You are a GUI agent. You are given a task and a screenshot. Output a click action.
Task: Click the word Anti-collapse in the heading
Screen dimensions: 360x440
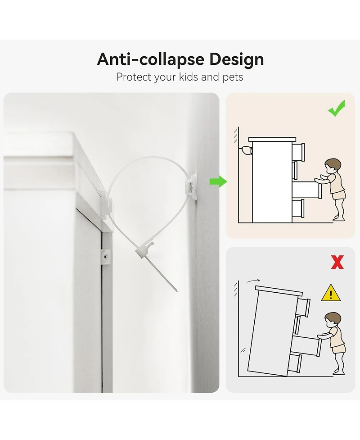[x=151, y=59]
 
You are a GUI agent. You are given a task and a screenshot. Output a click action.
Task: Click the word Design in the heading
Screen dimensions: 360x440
[x=236, y=60]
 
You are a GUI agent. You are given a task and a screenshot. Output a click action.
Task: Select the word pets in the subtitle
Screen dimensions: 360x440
[x=233, y=77]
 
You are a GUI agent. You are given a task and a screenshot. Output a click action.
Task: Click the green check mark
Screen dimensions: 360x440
[x=337, y=108]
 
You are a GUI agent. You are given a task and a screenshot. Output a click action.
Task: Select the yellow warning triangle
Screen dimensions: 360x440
[x=331, y=293]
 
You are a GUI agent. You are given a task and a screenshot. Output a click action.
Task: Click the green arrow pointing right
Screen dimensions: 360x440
[x=218, y=181]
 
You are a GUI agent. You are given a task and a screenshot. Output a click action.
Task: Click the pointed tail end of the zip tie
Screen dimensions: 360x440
[x=177, y=291]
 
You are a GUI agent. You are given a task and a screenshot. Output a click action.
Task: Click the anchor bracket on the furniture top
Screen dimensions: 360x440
[x=107, y=204]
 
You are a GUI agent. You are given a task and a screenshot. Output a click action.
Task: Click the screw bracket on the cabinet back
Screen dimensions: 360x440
[x=106, y=257]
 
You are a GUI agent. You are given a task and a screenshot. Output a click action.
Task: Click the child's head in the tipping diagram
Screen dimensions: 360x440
[x=333, y=320]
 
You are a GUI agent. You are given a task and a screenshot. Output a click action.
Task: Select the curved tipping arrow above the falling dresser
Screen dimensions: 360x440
[x=253, y=281]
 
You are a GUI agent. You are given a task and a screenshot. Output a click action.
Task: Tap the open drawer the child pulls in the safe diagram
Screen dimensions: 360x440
[x=306, y=190]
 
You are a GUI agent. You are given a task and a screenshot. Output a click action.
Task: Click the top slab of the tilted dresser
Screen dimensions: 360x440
[x=279, y=290]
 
